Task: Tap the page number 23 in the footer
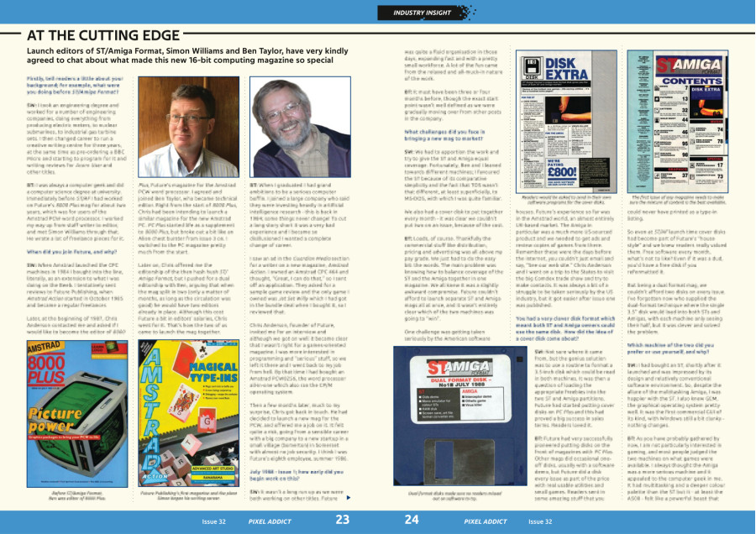pyautogui.click(x=343, y=521)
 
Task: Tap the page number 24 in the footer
pyautogui.click(x=412, y=521)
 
